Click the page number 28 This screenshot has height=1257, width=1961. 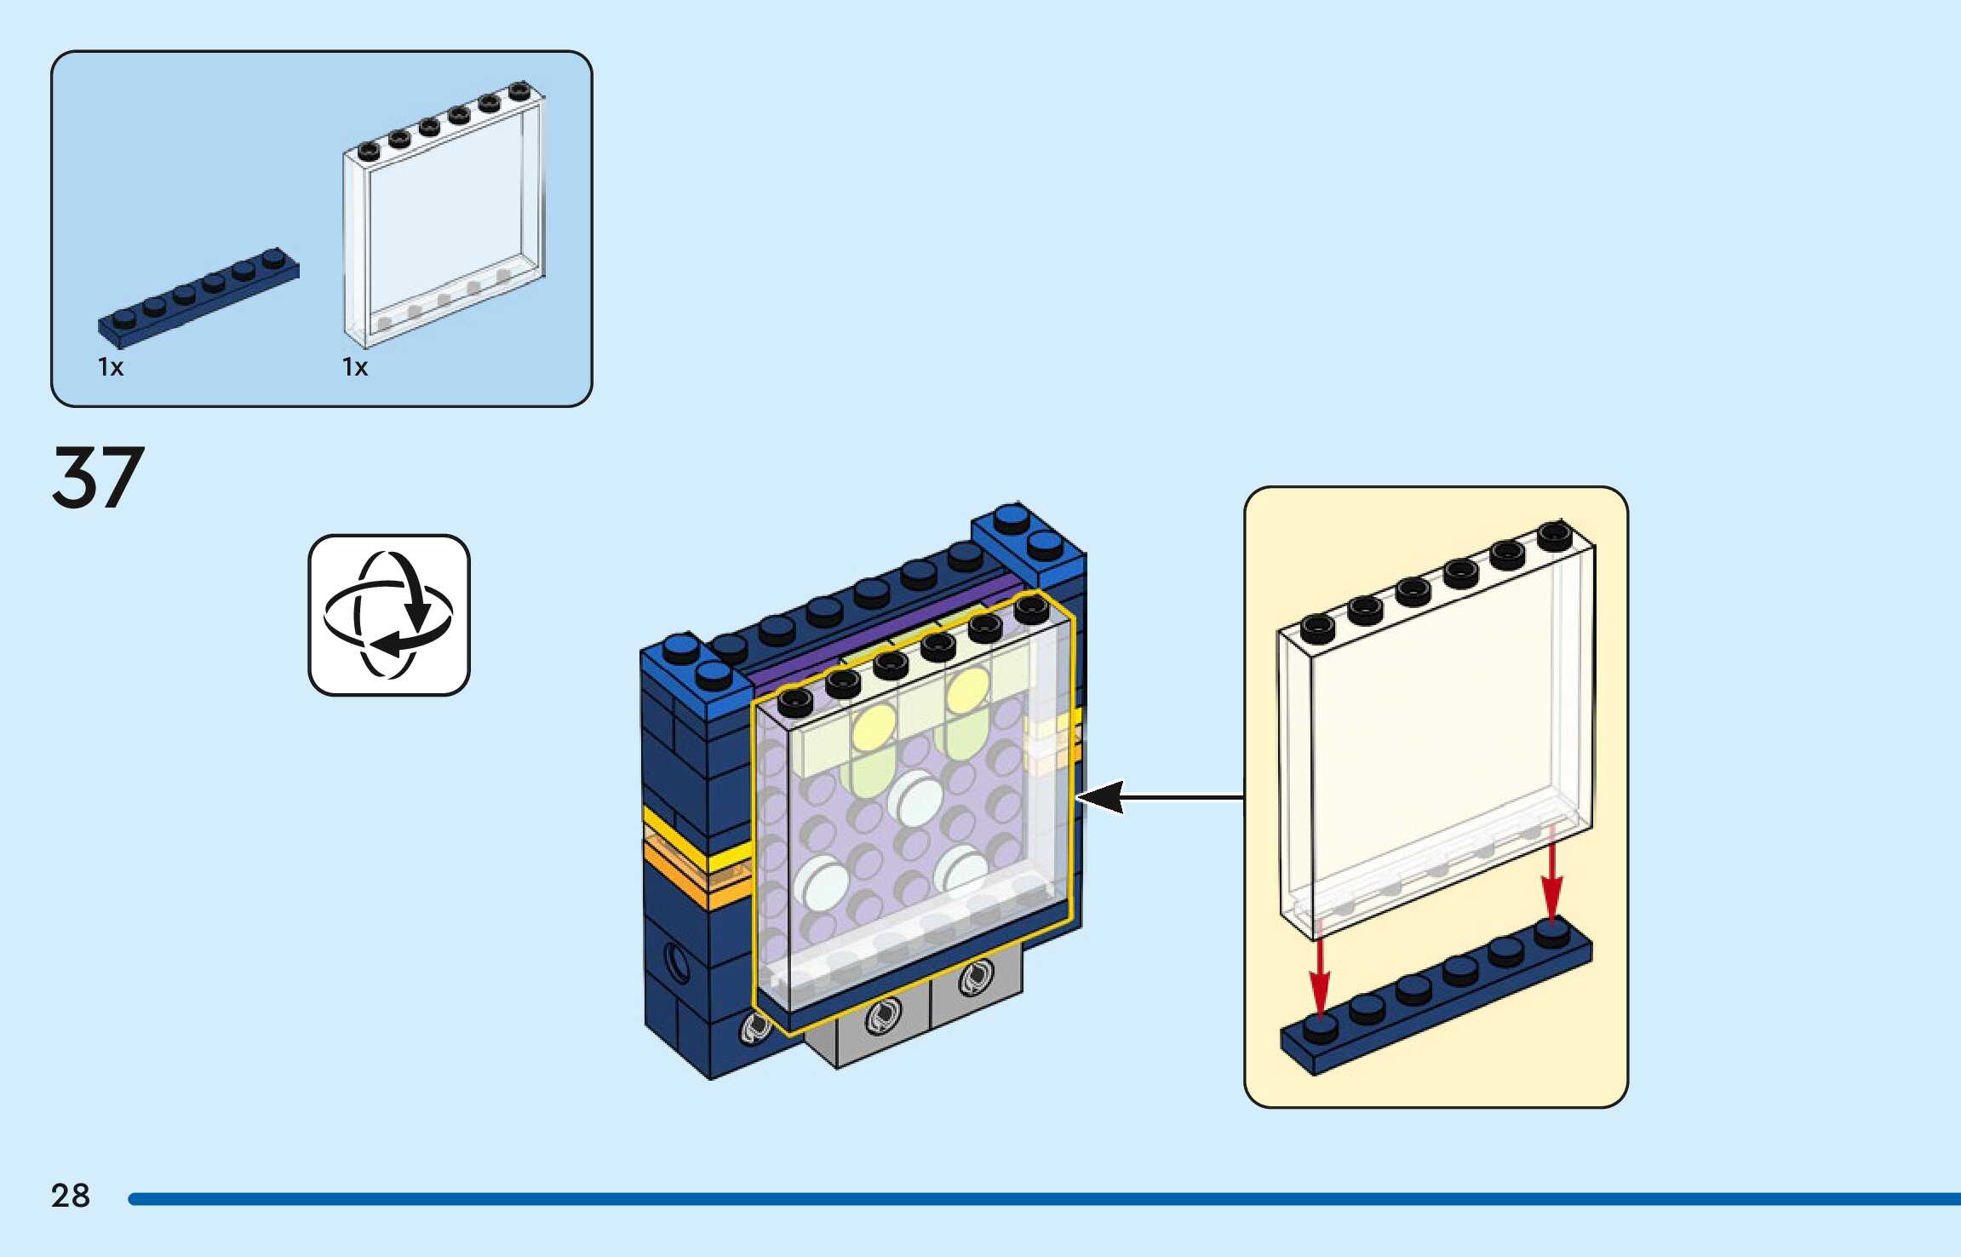[x=71, y=1196]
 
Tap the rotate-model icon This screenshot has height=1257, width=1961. [x=389, y=615]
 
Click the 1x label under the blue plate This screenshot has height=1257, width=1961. [x=111, y=367]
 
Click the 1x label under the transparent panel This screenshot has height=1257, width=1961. [x=355, y=367]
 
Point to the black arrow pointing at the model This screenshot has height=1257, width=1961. [x=1158, y=797]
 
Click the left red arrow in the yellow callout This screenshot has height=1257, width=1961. [x=1319, y=971]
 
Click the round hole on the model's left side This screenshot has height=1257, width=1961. [x=677, y=962]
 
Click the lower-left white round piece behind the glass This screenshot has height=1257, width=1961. [x=819, y=881]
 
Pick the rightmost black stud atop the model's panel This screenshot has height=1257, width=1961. [x=1032, y=608]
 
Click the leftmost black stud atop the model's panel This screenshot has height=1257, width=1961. [x=795, y=701]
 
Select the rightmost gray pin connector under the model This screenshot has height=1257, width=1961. [x=976, y=978]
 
